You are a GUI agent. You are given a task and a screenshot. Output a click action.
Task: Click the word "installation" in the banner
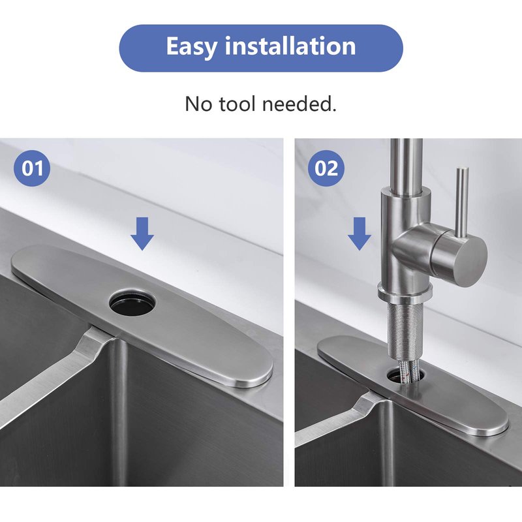point(290,46)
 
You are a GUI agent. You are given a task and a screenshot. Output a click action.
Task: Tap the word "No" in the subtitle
point(198,104)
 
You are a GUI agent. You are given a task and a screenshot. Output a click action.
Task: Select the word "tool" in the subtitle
point(238,104)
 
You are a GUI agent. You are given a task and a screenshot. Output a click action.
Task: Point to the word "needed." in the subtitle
point(299,104)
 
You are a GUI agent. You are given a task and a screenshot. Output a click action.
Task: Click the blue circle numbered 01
point(32,168)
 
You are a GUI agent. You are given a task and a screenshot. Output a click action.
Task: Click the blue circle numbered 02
point(326,168)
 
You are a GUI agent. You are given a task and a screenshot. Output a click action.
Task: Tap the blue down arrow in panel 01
point(142,234)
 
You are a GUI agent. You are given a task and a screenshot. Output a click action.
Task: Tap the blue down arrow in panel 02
point(360,234)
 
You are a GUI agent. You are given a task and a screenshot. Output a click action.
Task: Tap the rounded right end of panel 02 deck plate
point(492,423)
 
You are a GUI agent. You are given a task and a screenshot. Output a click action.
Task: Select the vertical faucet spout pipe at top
point(406,164)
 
